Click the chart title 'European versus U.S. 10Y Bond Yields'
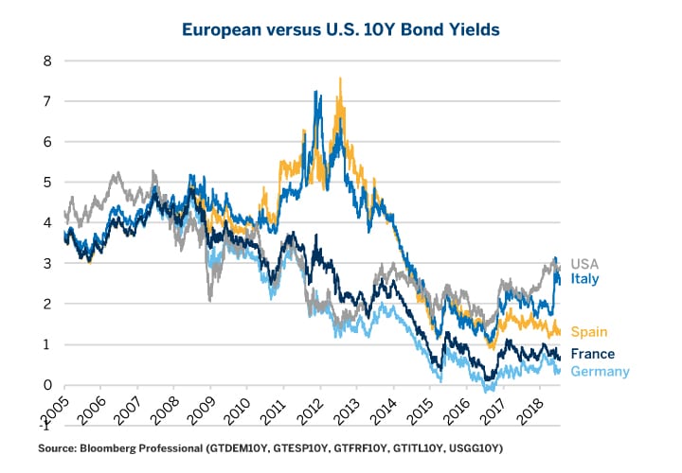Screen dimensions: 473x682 pos(341,29)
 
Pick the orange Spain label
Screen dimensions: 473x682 pos(588,332)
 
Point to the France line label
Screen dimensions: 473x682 pos(592,355)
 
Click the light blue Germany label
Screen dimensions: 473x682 pos(600,372)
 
